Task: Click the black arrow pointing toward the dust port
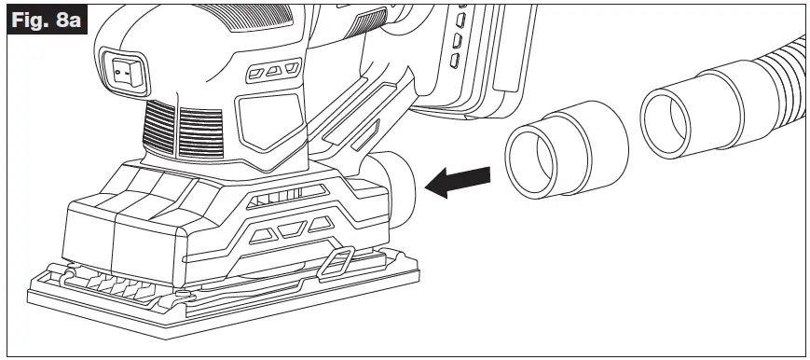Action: click(458, 180)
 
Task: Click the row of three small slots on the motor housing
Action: click(270, 71)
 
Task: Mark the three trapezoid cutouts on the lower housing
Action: click(293, 227)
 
